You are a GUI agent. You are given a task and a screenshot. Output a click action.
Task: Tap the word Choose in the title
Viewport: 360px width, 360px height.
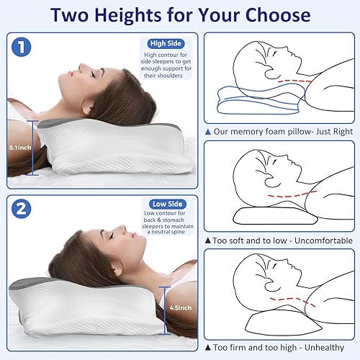(x=276, y=14)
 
